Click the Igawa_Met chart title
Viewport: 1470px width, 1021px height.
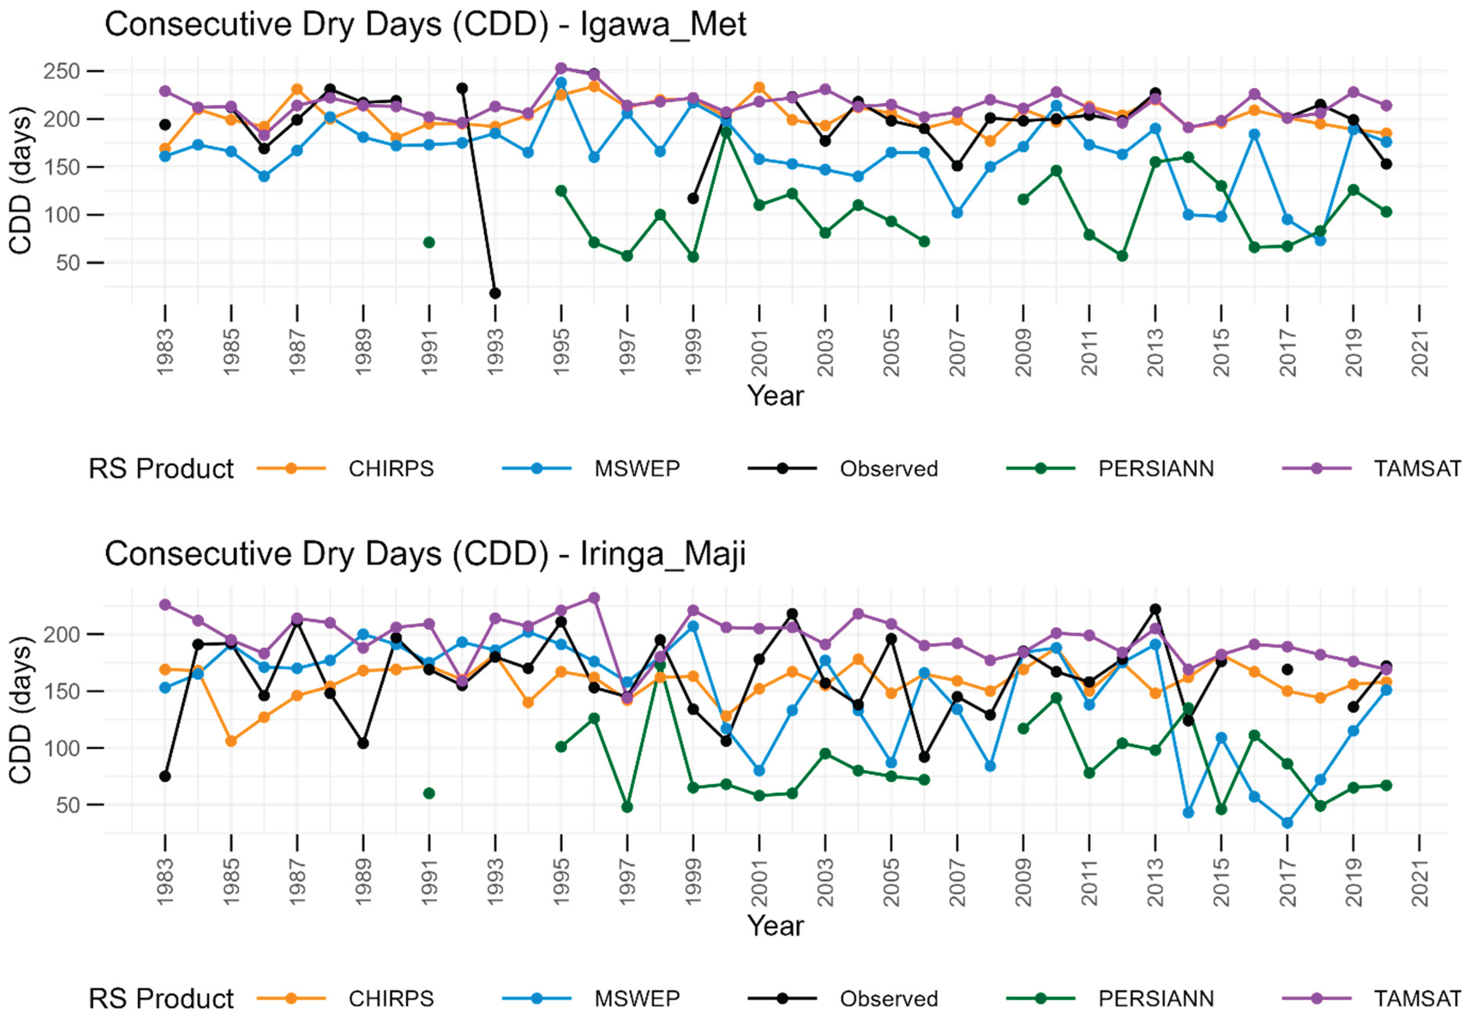coord(425,26)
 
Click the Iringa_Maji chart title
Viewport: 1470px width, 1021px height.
coord(425,554)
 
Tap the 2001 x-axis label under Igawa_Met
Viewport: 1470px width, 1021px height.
coord(759,352)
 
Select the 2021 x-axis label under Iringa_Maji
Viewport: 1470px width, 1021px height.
coord(1419,881)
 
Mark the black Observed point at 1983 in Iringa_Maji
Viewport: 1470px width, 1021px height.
coord(165,776)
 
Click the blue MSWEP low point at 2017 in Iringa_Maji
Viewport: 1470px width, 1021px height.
coord(1287,823)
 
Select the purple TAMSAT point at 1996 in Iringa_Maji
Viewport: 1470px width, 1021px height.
coord(594,598)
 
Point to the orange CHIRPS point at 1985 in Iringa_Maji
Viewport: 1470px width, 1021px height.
coord(231,741)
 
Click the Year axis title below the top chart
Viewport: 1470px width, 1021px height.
coord(775,395)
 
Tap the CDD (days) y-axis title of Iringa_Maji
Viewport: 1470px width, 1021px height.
coord(21,710)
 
